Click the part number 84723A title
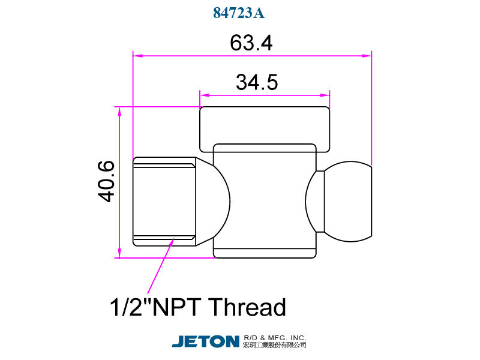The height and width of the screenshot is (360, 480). [x=239, y=13]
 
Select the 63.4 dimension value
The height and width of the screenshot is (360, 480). [x=251, y=43]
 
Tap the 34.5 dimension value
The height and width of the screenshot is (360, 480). [x=257, y=82]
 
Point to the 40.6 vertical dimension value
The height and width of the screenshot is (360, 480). [x=106, y=181]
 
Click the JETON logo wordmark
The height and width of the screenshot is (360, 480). [x=206, y=341]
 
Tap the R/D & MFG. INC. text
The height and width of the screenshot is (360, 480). [x=275, y=337]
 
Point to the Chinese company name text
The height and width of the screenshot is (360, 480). [x=275, y=346]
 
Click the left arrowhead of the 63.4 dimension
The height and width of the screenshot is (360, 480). [x=137, y=56]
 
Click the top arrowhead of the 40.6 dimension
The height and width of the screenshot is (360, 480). [x=119, y=112]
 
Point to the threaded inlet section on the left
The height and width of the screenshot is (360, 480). [x=163, y=202]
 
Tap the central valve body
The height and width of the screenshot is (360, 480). [x=265, y=201]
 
